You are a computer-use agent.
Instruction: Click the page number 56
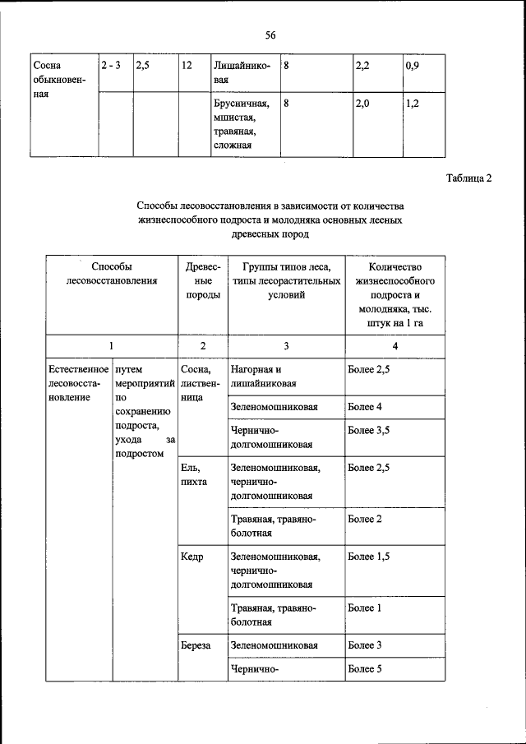pyautogui.click(x=270, y=34)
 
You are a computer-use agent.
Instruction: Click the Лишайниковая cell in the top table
pyautogui.click(x=241, y=71)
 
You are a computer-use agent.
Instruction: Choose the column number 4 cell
pyautogui.click(x=395, y=346)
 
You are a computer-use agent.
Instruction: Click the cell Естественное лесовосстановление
pyautogui.click(x=77, y=384)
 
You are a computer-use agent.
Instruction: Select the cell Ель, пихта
pyautogui.click(x=194, y=474)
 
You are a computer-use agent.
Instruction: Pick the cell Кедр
pyautogui.click(x=191, y=557)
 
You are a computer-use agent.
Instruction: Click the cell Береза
pyautogui.click(x=196, y=645)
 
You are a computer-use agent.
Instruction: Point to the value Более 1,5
pyautogui.click(x=367, y=557)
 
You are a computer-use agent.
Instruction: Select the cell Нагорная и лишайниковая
pyautogui.click(x=263, y=377)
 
